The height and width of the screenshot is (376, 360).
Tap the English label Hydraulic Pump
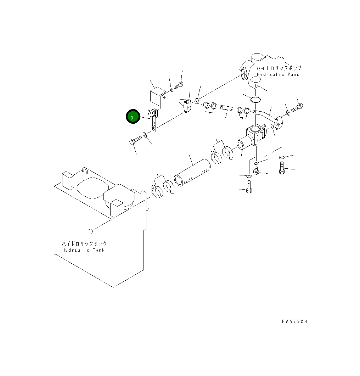(278, 74)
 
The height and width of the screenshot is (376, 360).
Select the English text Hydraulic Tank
(84, 250)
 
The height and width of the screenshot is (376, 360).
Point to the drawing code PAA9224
(294, 321)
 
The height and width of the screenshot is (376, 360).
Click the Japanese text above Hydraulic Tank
(84, 244)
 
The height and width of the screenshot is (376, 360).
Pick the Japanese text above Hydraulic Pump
(279, 68)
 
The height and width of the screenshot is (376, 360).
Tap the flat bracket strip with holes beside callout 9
(154, 120)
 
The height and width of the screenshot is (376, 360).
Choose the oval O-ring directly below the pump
(255, 99)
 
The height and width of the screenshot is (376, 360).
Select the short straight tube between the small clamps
(226, 108)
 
